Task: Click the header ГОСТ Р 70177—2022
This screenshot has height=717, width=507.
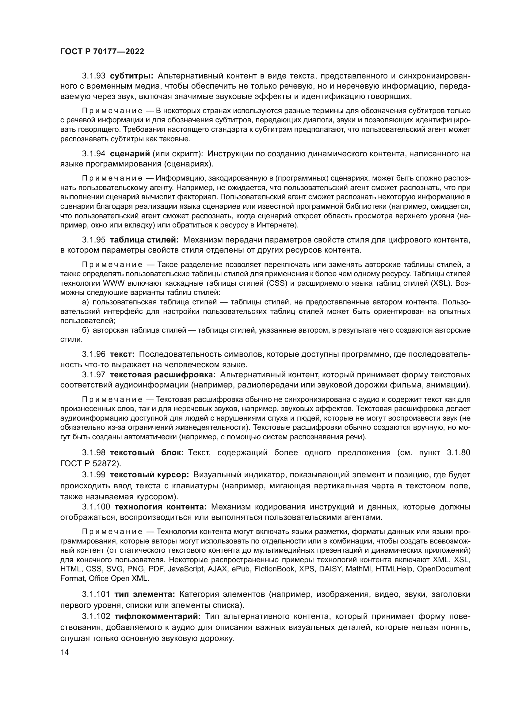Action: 102,52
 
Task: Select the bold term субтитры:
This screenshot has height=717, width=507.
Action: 132,76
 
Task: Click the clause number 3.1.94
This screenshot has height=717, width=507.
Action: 94,154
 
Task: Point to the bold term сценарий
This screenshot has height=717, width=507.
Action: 130,154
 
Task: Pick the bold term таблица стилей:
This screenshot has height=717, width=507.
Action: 144,240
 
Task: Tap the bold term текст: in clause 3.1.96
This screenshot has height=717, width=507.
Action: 122,354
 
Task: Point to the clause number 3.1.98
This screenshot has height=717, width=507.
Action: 94,453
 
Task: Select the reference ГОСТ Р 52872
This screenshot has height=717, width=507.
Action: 89,463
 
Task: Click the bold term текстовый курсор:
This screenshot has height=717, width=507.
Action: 149,475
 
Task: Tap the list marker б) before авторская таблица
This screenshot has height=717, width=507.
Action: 86,330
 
